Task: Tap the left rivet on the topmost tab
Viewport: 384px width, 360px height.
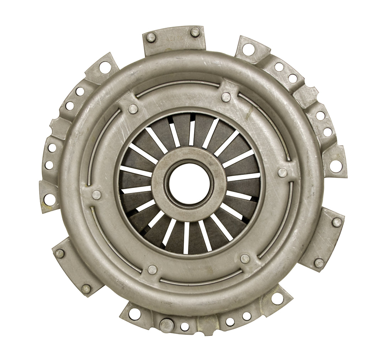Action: click(x=151, y=37)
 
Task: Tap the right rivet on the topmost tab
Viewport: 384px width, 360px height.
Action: click(x=195, y=32)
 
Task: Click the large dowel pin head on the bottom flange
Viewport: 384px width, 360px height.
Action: click(x=166, y=324)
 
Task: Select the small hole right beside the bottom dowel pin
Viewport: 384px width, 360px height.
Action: click(x=185, y=326)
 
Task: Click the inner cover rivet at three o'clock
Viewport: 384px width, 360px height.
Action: click(x=282, y=173)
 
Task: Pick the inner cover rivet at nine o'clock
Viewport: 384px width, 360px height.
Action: click(x=96, y=194)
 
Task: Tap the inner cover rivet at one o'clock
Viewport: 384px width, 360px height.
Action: click(x=225, y=97)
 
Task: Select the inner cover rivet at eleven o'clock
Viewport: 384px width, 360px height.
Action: click(x=133, y=109)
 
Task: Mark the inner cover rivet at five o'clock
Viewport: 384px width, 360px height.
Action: click(x=245, y=258)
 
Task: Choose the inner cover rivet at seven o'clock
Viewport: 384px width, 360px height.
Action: click(x=152, y=269)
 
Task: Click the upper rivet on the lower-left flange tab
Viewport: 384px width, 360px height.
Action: click(x=60, y=253)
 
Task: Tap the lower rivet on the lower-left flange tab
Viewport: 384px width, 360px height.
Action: click(x=86, y=288)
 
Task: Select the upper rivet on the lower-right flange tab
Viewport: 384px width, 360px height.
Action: click(x=336, y=222)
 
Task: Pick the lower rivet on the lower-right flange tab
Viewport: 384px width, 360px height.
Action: click(x=319, y=263)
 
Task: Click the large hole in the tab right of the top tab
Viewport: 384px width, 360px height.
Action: click(x=248, y=49)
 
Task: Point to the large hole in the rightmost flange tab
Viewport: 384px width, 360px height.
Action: click(x=335, y=165)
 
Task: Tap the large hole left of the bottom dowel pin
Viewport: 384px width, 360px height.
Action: click(x=134, y=314)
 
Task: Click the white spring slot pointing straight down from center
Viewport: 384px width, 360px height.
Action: click(x=186, y=238)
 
